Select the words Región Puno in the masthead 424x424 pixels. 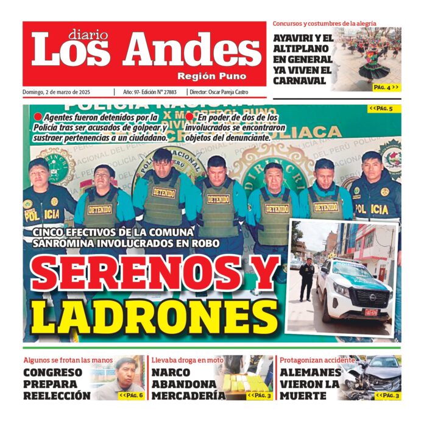click(212, 76)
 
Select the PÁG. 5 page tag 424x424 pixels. click(381, 109)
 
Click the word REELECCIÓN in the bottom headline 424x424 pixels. click(57, 395)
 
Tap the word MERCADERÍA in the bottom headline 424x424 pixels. click(188, 395)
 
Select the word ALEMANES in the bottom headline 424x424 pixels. click(310, 372)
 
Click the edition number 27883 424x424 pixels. click(174, 92)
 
